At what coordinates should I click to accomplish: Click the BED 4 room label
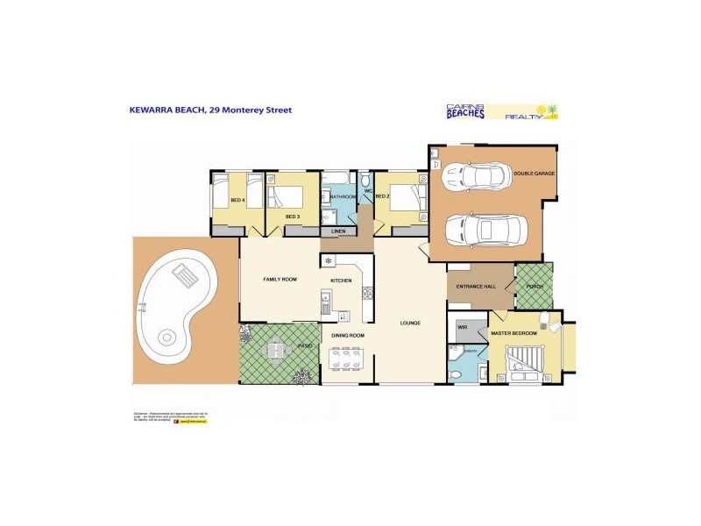pos(237,201)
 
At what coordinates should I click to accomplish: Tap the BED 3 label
pos(293,216)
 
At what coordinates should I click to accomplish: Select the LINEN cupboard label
pos(338,231)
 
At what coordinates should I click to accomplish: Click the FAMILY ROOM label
pos(280,279)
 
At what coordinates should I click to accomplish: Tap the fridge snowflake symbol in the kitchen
pos(326,260)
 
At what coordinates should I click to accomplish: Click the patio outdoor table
pos(276,351)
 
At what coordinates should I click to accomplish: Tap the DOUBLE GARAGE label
pos(535,174)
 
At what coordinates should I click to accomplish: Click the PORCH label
pos(535,285)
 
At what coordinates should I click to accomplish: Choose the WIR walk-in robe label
pos(462,328)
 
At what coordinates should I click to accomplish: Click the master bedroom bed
pos(528,358)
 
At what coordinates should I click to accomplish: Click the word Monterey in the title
pos(244,110)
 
